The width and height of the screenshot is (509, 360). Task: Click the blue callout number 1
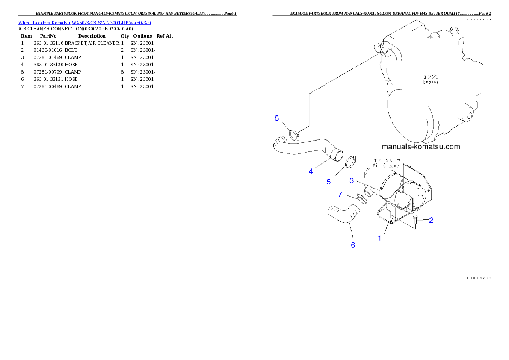(379, 238)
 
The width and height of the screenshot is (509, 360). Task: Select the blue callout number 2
(431, 220)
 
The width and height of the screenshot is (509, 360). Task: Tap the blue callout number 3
(352, 180)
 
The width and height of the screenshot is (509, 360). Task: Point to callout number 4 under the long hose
(311, 171)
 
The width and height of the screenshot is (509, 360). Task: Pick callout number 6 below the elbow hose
(353, 245)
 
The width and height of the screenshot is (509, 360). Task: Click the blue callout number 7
(340, 194)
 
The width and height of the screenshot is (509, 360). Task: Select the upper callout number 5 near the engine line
(277, 118)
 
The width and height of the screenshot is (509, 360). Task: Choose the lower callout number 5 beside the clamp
(328, 182)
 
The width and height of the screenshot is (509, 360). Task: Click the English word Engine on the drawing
(431, 82)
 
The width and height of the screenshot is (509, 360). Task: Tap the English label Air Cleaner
(387, 165)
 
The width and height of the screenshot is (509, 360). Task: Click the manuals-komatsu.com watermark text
(420, 146)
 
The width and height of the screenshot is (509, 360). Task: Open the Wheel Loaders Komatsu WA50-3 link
(84, 22)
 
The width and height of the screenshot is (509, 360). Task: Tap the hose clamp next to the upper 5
(293, 135)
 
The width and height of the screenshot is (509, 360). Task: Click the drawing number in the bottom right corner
(478, 278)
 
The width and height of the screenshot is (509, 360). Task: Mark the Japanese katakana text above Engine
(430, 77)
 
